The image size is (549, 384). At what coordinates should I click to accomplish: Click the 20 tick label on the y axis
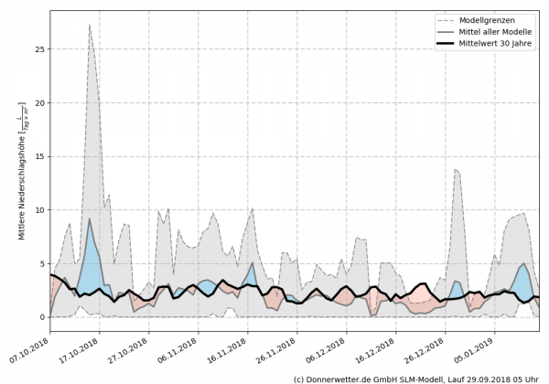click(38, 102)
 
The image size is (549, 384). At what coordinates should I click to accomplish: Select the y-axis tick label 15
click(38, 156)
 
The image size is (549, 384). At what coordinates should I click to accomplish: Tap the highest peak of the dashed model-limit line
click(89, 25)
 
